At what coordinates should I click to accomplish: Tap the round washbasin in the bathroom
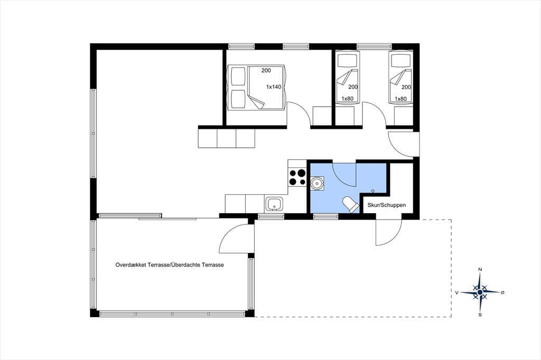317,184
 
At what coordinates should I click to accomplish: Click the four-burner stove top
297,177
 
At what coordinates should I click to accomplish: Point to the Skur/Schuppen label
386,205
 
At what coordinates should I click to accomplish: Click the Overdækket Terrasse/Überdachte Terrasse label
170,265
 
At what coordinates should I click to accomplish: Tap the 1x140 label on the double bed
274,87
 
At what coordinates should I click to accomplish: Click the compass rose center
480,292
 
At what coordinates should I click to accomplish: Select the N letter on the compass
480,269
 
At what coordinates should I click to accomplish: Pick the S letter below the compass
480,315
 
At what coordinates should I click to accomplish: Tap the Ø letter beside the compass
502,292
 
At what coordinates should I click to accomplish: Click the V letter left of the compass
456,293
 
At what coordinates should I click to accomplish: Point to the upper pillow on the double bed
238,76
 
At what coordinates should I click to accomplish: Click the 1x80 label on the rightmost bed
400,99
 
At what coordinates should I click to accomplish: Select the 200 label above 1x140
266,70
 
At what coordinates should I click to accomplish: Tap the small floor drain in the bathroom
372,191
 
